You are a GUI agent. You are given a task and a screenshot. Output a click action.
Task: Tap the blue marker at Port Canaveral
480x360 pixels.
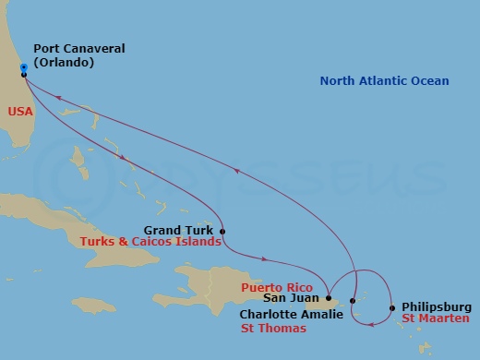[x=24, y=67]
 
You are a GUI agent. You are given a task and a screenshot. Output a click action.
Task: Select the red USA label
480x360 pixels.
[x=20, y=110]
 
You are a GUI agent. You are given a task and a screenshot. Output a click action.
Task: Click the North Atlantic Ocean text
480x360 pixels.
[x=384, y=81]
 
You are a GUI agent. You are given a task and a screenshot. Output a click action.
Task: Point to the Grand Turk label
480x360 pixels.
[x=179, y=230]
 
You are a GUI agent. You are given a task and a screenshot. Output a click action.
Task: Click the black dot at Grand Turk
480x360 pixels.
[x=222, y=231]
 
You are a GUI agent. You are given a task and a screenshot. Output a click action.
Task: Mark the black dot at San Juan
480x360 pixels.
[x=329, y=297]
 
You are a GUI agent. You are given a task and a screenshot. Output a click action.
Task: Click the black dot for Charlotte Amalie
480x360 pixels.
[x=353, y=302]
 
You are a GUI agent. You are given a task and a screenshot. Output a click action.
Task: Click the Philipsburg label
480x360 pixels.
[x=437, y=307]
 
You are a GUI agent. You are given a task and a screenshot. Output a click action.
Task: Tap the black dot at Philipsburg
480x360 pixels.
[x=392, y=308]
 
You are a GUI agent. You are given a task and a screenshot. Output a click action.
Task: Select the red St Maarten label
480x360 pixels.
[x=436, y=319]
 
